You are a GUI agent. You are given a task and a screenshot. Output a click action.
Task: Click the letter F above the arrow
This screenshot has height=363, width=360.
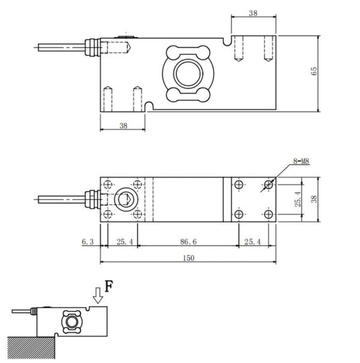(108, 286)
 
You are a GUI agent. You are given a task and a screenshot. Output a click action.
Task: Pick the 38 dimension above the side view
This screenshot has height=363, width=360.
(253, 13)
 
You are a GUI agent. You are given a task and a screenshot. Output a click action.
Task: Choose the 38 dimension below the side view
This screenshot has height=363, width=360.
(123, 126)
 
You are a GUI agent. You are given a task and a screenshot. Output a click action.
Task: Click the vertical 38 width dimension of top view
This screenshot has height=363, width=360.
(314, 199)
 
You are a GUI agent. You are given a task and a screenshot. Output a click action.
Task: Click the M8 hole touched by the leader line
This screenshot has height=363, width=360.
(267, 184)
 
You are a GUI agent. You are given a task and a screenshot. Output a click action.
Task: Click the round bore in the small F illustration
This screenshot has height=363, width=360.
(72, 322)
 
